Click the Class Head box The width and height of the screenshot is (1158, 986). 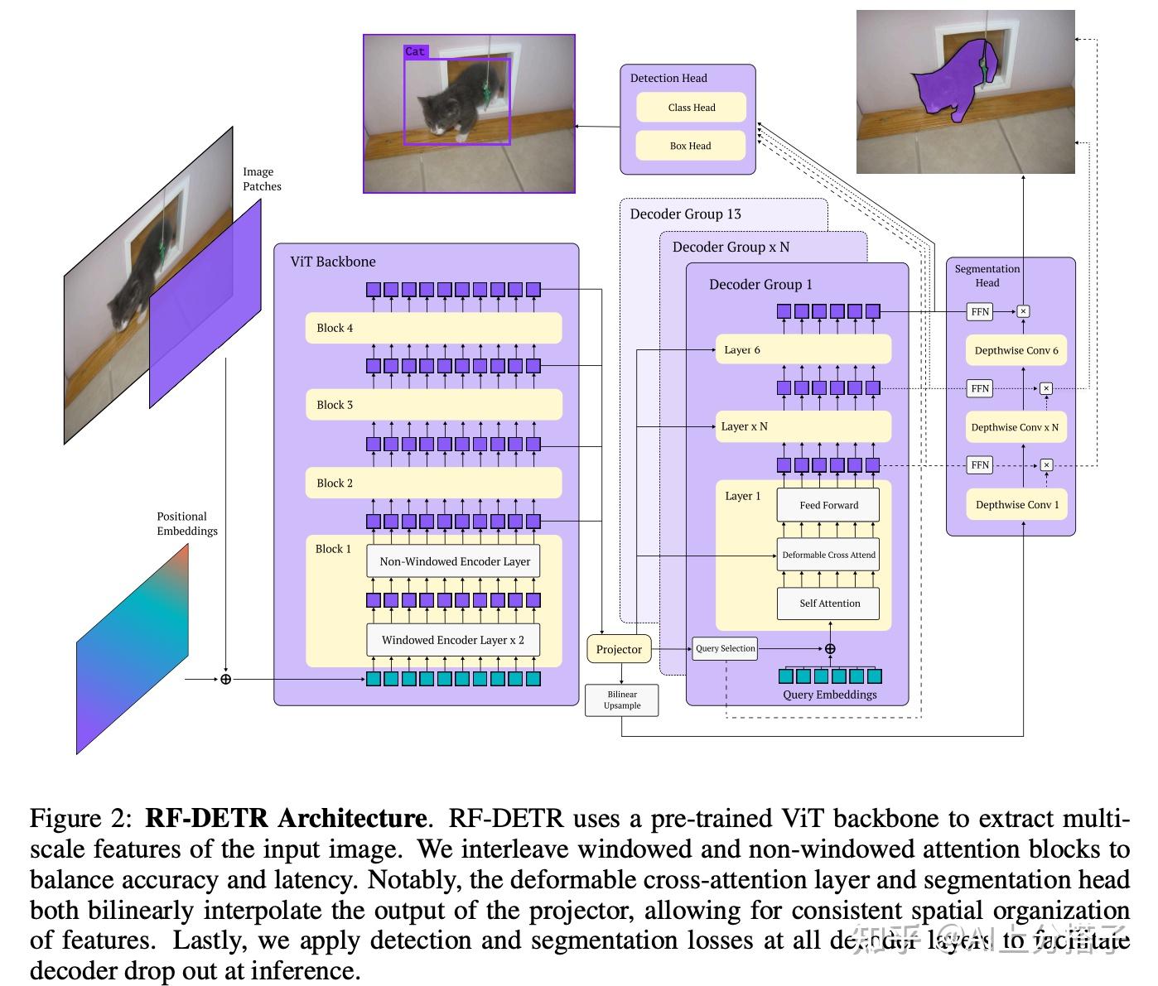691,108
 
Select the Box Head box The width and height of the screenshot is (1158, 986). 690,146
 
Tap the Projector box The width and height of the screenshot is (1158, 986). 619,649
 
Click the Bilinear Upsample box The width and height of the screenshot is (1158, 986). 621,700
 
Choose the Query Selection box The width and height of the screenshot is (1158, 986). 725,648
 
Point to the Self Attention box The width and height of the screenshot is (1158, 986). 828,604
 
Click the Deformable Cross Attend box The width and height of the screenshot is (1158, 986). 828,555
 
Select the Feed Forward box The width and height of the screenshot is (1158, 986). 828,505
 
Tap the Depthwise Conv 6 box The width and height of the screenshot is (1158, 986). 1016,350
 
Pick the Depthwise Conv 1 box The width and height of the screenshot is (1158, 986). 1016,504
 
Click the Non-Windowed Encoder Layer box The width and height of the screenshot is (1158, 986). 454,561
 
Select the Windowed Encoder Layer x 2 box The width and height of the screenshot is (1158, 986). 452,640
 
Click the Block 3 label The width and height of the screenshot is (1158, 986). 335,405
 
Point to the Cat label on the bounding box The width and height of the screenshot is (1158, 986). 415,51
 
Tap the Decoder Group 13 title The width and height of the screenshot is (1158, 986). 685,214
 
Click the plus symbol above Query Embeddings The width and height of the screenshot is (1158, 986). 830,649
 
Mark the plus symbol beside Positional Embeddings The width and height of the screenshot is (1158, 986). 225,679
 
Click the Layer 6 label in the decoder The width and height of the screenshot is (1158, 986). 741,349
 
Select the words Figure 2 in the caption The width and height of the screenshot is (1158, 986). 80,819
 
